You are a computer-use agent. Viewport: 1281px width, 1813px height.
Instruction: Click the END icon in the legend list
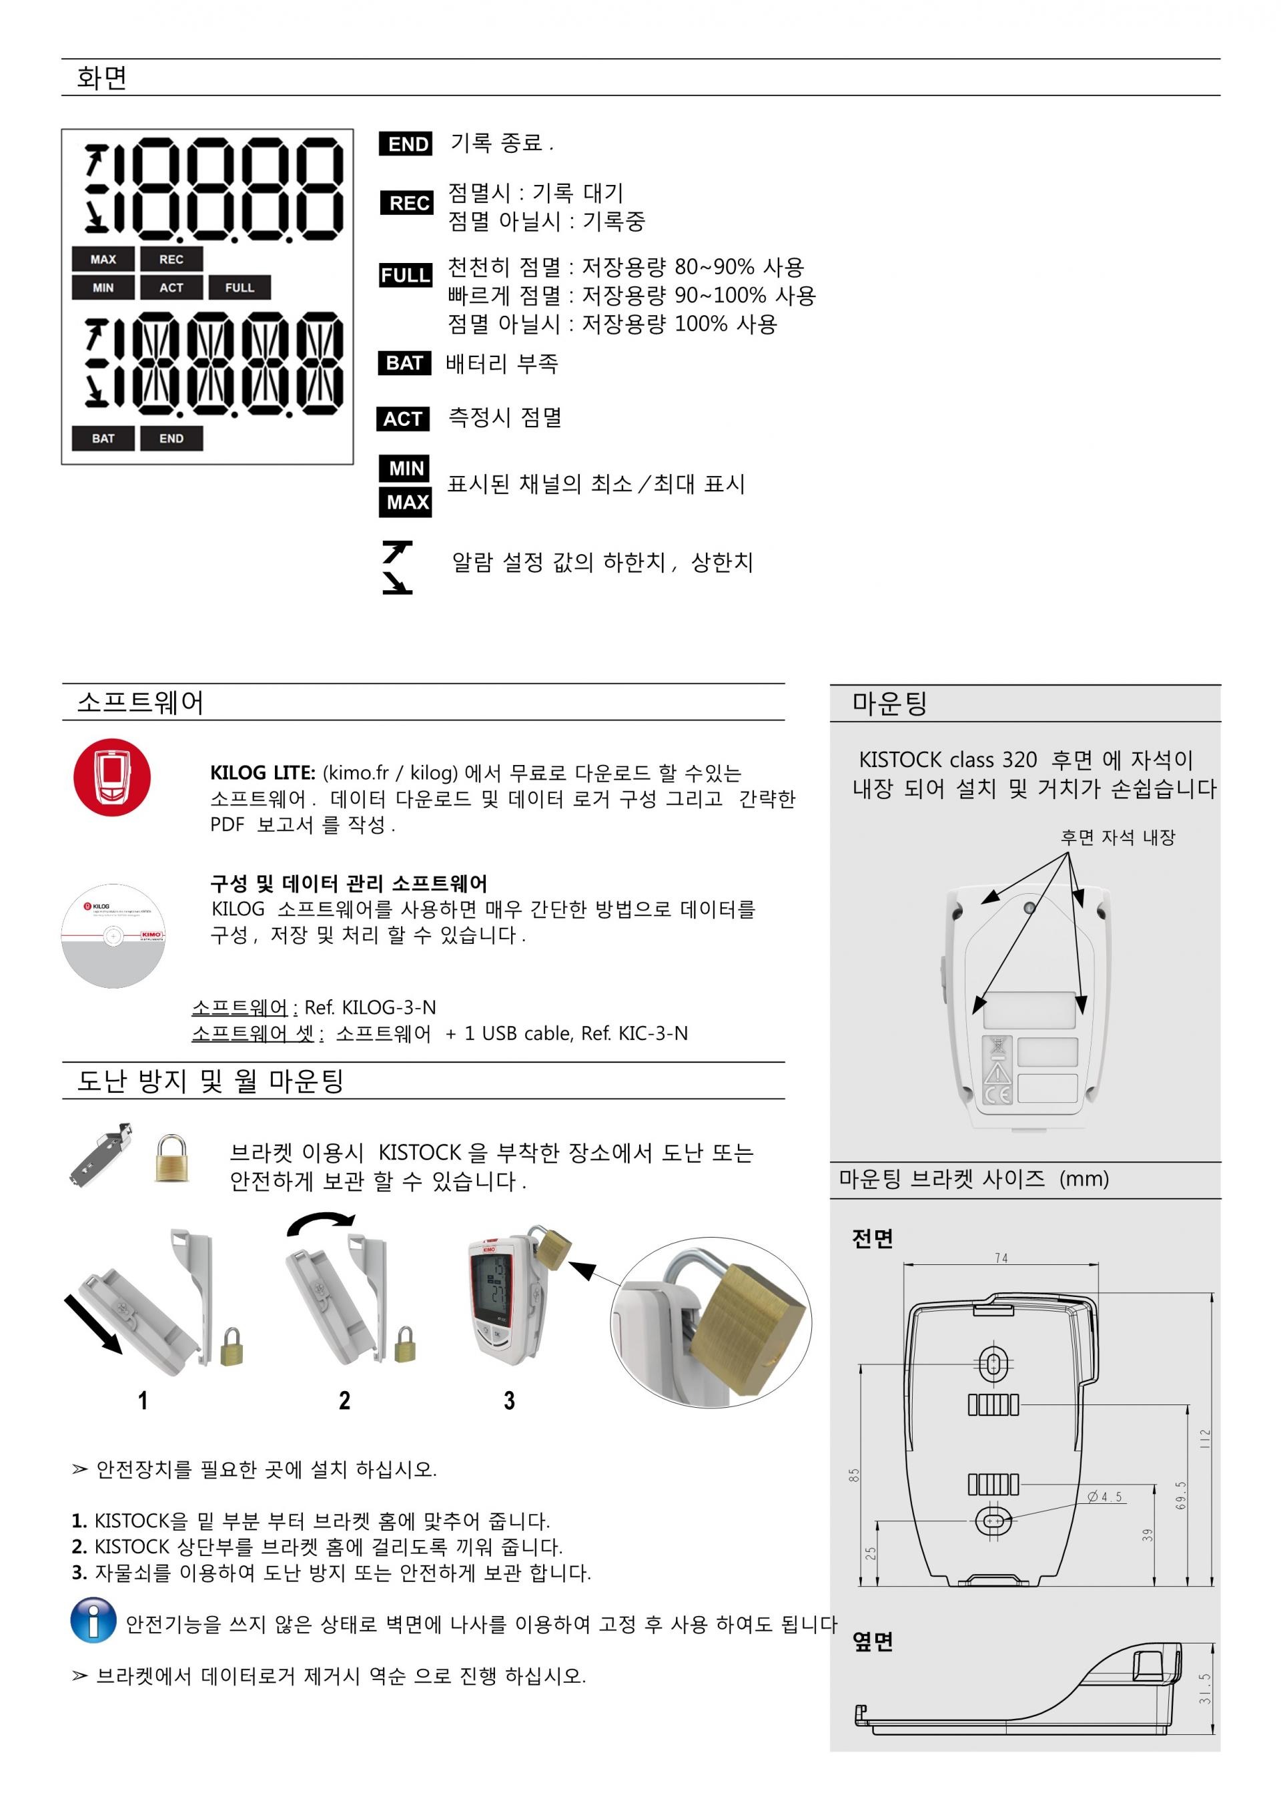tap(405, 144)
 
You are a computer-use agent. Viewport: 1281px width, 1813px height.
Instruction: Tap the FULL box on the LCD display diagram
tap(239, 288)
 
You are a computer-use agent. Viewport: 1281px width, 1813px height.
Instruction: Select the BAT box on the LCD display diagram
tap(103, 439)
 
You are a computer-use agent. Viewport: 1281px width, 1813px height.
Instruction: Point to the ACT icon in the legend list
tap(402, 419)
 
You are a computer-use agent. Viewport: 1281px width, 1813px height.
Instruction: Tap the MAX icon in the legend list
tap(405, 502)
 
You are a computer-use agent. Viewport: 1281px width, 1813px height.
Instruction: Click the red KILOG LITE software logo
tap(111, 778)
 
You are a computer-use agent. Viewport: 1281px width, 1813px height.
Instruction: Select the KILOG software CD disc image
tap(113, 936)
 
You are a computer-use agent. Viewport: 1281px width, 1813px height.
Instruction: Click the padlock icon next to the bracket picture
tap(171, 1158)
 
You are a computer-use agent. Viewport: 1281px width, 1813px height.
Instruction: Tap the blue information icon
tap(93, 1619)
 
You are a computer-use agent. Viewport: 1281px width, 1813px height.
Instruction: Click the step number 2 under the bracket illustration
tap(344, 1401)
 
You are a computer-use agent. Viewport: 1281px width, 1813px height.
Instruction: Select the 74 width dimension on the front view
tap(1001, 1258)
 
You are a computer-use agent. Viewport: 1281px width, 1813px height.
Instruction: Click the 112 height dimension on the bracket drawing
tap(1204, 1437)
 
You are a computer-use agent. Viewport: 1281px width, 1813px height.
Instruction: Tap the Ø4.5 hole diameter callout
tap(1105, 1497)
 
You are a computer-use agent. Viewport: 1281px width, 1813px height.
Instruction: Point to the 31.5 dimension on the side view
tap(1204, 1688)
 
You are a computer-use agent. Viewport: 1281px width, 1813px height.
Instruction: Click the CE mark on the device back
tap(997, 1095)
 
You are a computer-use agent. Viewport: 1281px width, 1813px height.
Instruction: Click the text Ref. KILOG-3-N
tap(370, 1007)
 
